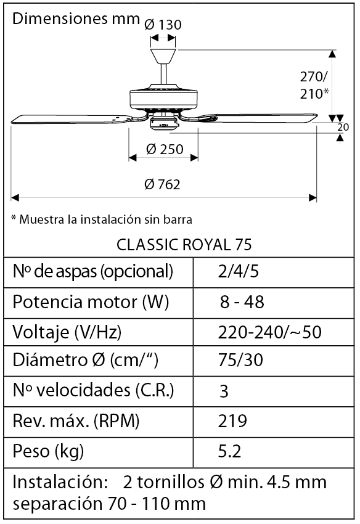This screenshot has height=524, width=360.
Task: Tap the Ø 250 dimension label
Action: pyautogui.click(x=165, y=149)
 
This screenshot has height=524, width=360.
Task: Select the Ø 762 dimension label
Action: pyautogui.click(x=162, y=184)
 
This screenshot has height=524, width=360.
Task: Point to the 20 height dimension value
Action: pyautogui.click(x=343, y=127)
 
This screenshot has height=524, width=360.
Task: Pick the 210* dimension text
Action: pyautogui.click(x=314, y=94)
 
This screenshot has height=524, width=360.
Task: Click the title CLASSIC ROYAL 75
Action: pyautogui.click(x=184, y=245)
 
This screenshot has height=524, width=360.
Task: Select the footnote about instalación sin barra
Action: pyautogui.click(x=102, y=219)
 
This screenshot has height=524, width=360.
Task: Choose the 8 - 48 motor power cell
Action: pyautogui.click(x=242, y=302)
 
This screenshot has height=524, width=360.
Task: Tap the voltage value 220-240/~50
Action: pyautogui.click(x=270, y=332)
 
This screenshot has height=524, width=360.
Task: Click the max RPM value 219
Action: pyautogui.click(x=232, y=422)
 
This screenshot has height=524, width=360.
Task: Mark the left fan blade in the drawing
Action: pyautogui.click(x=68, y=120)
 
